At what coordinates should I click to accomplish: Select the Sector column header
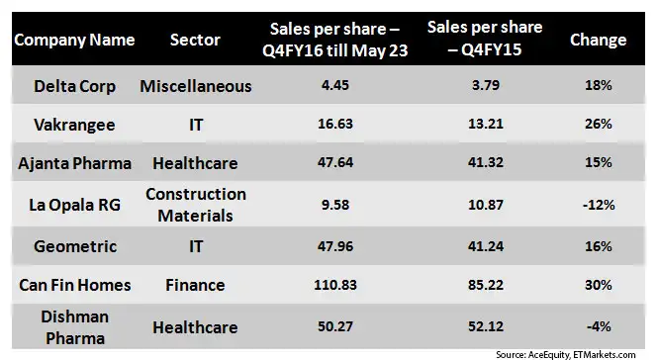point(195,41)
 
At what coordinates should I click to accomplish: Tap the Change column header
point(598,41)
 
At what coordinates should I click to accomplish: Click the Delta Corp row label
point(69,86)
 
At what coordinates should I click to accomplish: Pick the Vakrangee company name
point(69,125)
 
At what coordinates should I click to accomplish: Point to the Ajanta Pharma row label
point(69,162)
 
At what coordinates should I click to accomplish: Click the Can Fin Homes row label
point(69,285)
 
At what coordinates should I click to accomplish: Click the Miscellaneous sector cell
point(195,86)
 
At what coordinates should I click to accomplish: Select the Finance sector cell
point(195,285)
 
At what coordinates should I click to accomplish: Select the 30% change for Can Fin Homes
point(598,285)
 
